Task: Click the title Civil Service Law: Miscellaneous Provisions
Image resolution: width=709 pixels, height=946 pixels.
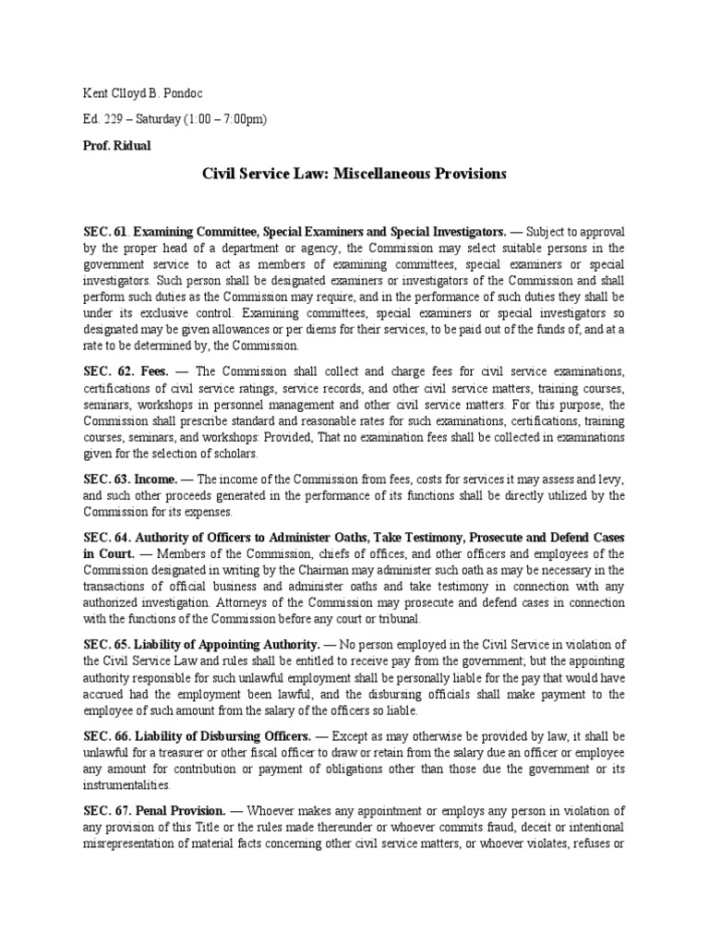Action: (x=354, y=175)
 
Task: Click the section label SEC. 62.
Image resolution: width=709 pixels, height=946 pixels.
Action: (x=102, y=371)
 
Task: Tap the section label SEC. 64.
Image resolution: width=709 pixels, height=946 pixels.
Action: (x=102, y=538)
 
